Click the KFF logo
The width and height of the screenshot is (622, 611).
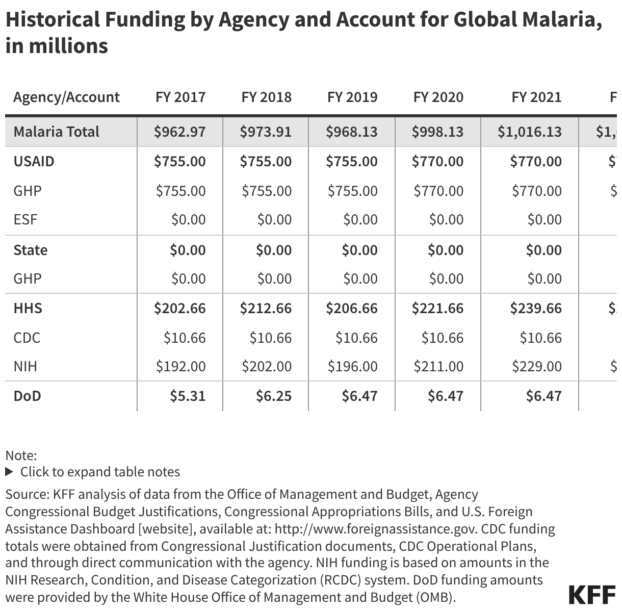(591, 595)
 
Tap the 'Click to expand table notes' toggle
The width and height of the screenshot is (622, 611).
(93, 472)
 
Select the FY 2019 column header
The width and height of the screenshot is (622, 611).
(352, 97)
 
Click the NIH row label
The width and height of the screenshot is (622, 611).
(25, 366)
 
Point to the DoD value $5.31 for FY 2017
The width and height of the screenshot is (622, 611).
(188, 396)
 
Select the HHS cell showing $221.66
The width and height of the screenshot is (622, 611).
(437, 308)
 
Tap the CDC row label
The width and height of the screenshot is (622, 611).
(27, 338)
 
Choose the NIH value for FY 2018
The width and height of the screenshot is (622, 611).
(266, 366)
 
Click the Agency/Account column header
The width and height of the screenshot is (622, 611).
(66, 97)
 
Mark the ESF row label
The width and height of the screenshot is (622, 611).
(25, 219)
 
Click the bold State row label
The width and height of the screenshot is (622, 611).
(31, 250)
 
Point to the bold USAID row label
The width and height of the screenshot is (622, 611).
(34, 161)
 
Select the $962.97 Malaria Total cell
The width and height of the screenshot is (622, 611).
(180, 132)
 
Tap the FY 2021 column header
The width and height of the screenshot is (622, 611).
(536, 97)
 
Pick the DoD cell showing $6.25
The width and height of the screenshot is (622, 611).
(274, 396)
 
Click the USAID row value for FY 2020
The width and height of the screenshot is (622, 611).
(437, 161)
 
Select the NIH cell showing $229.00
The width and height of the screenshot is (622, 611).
(536, 366)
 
